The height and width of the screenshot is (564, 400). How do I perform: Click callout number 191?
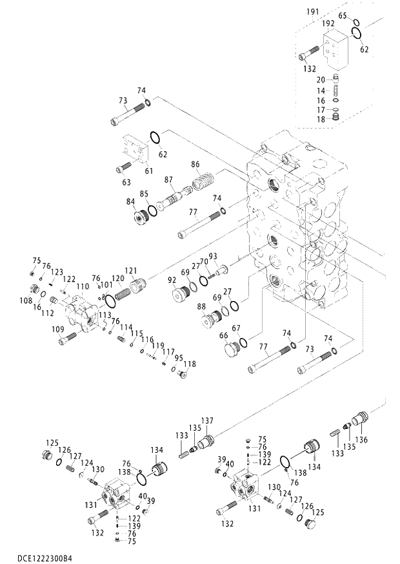pyautogui.click(x=312, y=12)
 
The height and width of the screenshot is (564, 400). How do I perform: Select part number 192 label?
pyautogui.click(x=328, y=23)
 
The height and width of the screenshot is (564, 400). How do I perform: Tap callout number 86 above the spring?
pyautogui.click(x=196, y=165)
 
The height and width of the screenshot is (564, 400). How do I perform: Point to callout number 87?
pyautogui.click(x=168, y=179)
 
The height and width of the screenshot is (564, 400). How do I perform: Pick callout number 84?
pyautogui.click(x=131, y=202)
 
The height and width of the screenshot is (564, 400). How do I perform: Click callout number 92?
pyautogui.click(x=172, y=280)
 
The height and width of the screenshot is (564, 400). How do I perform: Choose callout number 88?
pyautogui.click(x=201, y=306)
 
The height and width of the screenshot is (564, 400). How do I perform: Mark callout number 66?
pyautogui.click(x=224, y=335)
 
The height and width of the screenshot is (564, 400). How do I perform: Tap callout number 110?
pyautogui.click(x=83, y=286)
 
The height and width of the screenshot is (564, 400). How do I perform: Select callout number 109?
pyautogui.click(x=57, y=329)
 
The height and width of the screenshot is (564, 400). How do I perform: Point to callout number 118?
pyautogui.click(x=190, y=364)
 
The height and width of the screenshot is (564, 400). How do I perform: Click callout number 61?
pyautogui.click(x=148, y=171)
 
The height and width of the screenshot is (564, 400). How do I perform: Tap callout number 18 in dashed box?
pyautogui.click(x=320, y=120)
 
